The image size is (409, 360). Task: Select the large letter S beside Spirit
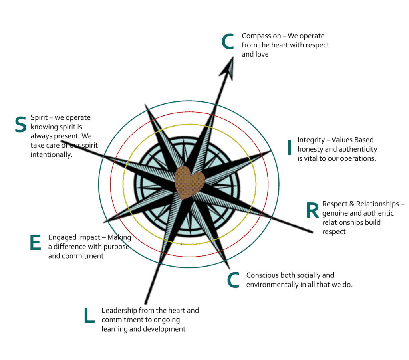21,125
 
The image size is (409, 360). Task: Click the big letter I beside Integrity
290,147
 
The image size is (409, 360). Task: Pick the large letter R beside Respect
312,210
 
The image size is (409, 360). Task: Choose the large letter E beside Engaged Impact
36,242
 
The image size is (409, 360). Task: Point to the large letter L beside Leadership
89,315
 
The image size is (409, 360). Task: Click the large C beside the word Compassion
228,42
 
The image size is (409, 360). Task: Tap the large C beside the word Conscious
233,280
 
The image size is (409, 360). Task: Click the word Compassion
261,36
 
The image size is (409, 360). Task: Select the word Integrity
311,140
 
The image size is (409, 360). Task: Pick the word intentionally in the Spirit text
52,155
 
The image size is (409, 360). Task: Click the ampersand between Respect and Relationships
351,204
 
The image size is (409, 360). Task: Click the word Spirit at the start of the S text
39,118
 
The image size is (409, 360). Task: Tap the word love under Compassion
262,54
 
